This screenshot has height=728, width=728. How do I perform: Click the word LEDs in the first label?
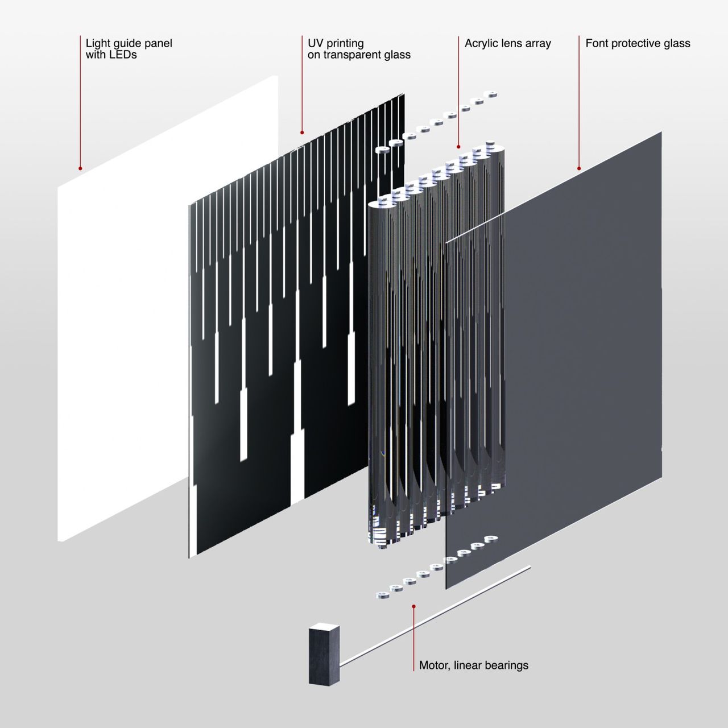(x=123, y=55)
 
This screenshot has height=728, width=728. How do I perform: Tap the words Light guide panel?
(x=129, y=43)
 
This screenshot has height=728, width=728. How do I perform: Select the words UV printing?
(x=336, y=43)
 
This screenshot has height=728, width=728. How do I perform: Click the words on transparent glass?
(x=359, y=55)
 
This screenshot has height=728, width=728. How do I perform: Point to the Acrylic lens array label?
(x=507, y=43)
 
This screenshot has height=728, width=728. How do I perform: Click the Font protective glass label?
(x=638, y=43)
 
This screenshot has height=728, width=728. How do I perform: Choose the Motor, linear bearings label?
(x=473, y=665)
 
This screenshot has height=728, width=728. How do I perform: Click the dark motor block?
(x=323, y=655)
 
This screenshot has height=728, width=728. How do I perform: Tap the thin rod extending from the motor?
(x=438, y=614)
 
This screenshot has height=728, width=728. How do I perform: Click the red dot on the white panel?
(x=80, y=168)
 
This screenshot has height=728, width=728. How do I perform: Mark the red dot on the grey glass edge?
(x=579, y=168)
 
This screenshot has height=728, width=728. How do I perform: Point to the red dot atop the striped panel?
(x=302, y=133)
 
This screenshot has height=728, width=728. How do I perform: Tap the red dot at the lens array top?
(x=458, y=147)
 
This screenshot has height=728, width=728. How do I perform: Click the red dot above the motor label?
(x=413, y=607)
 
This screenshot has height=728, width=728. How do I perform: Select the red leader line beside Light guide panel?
(x=80, y=102)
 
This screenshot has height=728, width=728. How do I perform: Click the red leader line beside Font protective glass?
(x=579, y=102)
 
